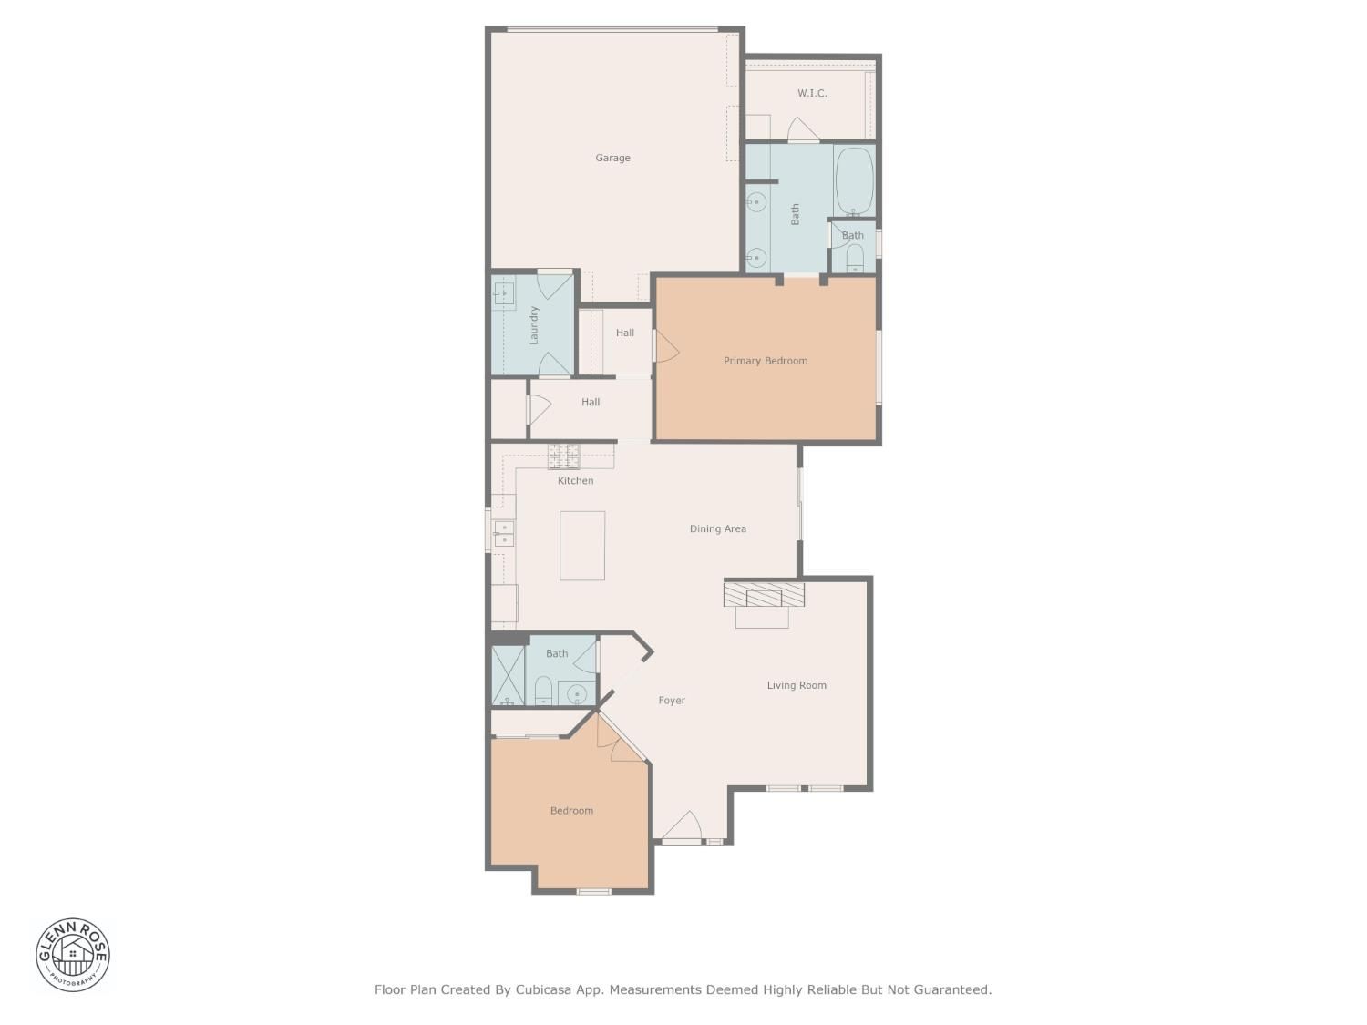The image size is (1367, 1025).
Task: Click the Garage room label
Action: tap(612, 158)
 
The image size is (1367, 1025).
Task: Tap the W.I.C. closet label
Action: tap(811, 93)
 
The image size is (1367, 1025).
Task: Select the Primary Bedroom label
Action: tap(766, 361)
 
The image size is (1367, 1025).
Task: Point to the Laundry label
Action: tap(534, 325)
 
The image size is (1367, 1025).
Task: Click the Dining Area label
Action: tap(717, 529)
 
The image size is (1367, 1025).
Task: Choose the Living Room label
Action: tap(797, 685)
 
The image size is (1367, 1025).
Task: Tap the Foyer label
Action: tap(672, 701)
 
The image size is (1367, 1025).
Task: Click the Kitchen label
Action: tap(575, 480)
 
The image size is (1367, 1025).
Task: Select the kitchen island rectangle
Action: tap(582, 546)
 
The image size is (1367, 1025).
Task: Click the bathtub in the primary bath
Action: tap(855, 181)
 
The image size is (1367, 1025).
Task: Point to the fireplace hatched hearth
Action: tap(764, 594)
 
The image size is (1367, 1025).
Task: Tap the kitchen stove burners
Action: tap(563, 456)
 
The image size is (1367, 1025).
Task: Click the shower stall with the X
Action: tap(509, 676)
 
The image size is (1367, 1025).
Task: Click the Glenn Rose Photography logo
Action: tap(72, 955)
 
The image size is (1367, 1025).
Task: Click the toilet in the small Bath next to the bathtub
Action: tap(855, 258)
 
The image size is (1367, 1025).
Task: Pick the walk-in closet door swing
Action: tap(803, 129)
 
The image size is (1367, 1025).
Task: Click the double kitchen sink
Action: tap(504, 535)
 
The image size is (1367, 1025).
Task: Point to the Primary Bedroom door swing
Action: tap(666, 346)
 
